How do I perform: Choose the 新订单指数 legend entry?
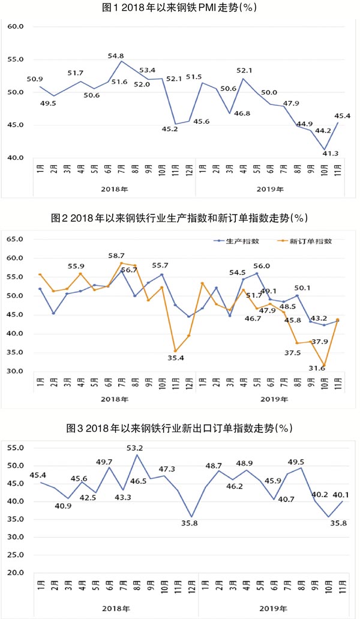click(300, 241)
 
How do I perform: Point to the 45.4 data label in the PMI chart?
click(342, 116)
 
